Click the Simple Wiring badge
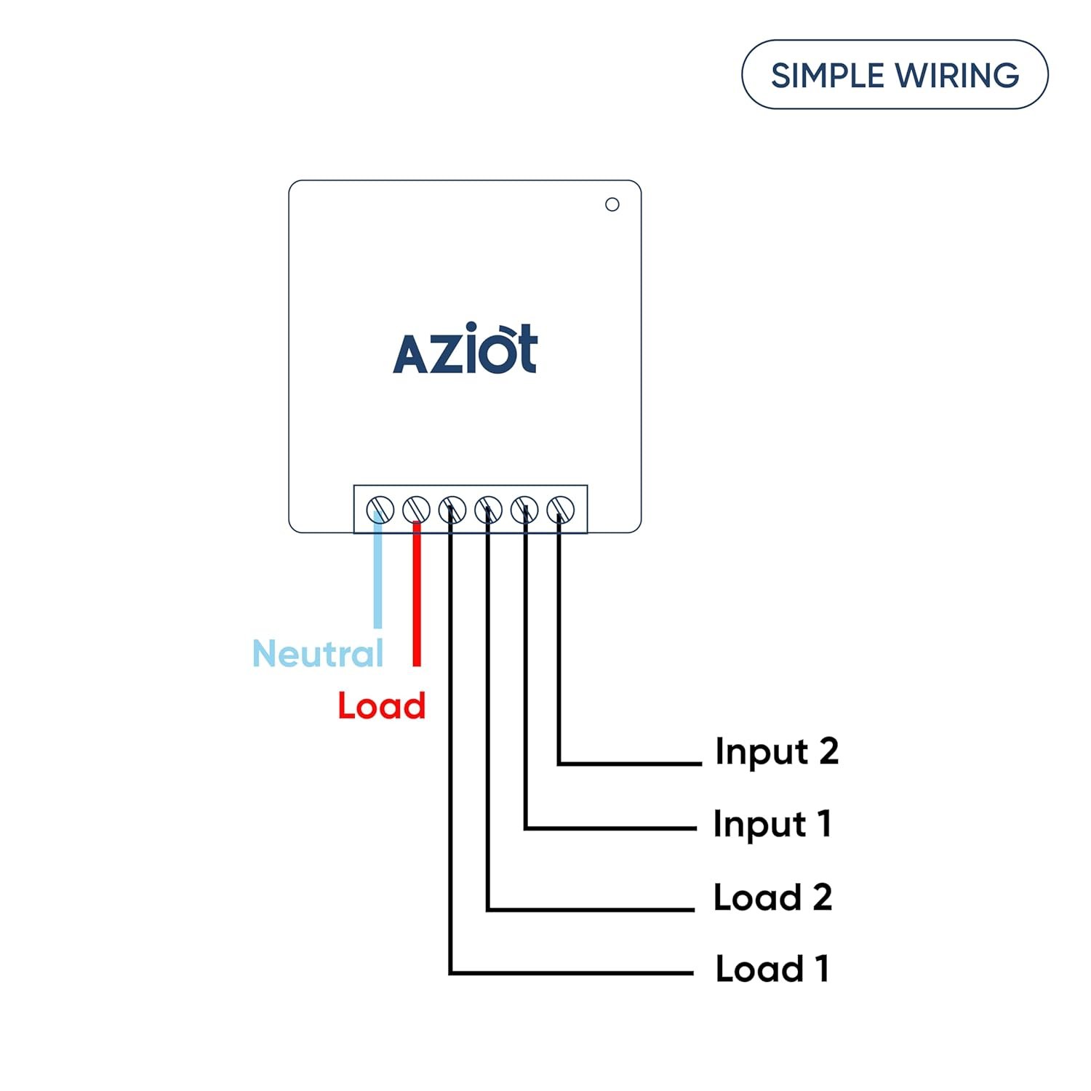(895, 75)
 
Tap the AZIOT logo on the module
(465, 349)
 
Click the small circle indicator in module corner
(612, 204)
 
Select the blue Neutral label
(318, 653)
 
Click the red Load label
(381, 706)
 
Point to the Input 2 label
(776, 751)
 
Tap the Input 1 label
(772, 824)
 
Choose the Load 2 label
(772, 897)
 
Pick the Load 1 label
(772, 969)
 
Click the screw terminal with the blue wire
(380, 509)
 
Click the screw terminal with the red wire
(416, 509)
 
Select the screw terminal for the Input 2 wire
(561, 509)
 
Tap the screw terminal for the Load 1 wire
(452, 509)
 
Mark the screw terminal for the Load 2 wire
(488, 509)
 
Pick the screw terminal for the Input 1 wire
(524, 509)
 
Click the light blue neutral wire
(377, 575)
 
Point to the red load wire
(416, 596)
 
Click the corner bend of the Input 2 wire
(559, 763)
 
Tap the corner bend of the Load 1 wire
(451, 972)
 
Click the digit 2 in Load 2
(822, 897)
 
